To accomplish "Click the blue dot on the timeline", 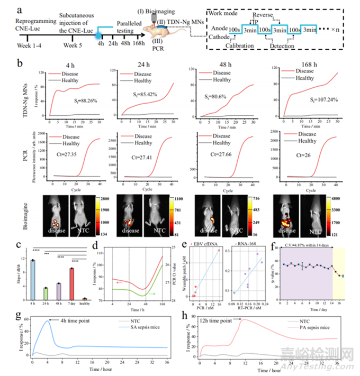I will coord(99,36).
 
